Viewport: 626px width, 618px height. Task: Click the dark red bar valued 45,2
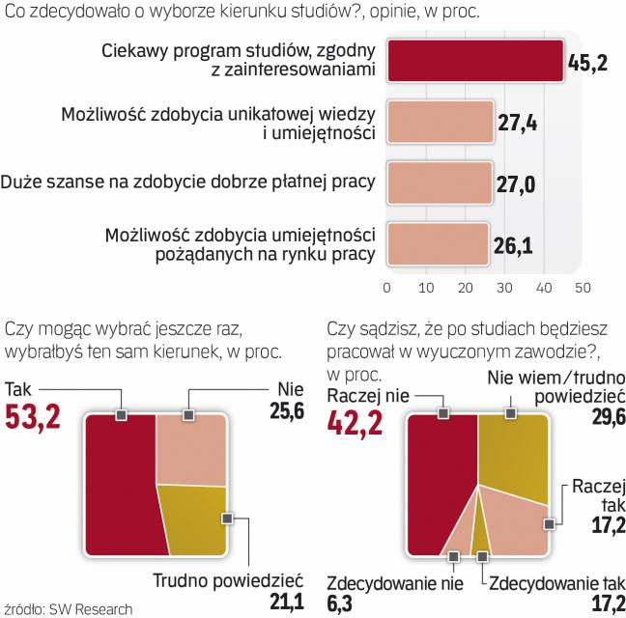[474, 61]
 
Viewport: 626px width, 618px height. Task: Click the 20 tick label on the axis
[465, 287]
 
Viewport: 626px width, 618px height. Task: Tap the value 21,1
[286, 604]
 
